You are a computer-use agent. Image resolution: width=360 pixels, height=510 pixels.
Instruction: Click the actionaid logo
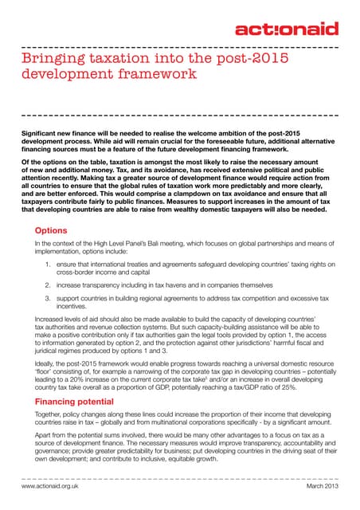click(288, 29)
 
